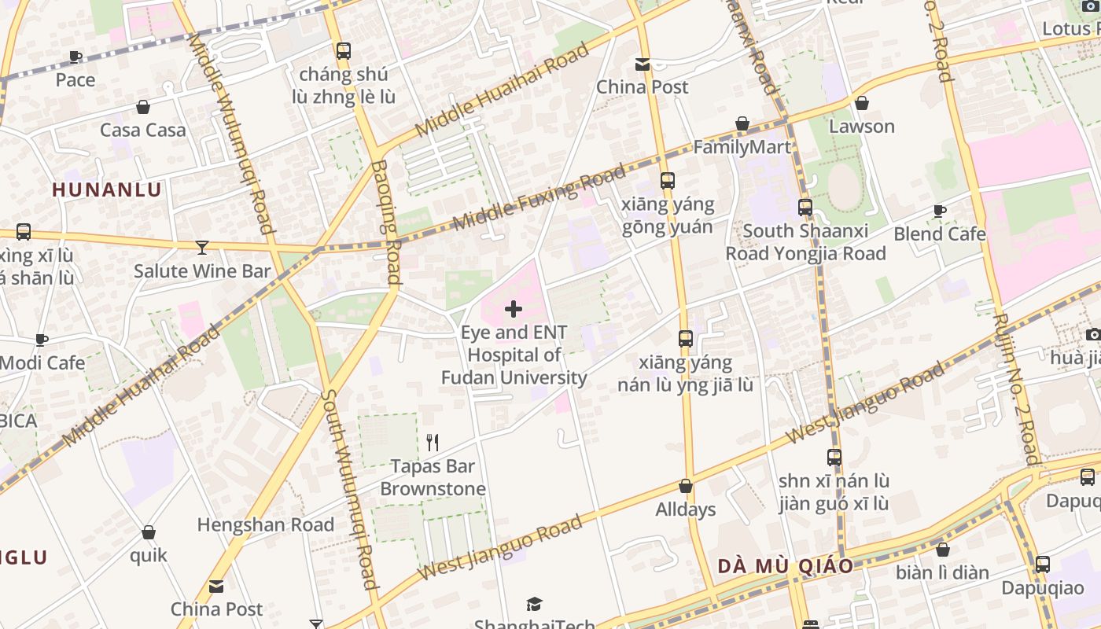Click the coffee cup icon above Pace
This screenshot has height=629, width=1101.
75,57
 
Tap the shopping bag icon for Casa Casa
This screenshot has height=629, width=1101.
143,107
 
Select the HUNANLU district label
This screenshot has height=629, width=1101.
107,189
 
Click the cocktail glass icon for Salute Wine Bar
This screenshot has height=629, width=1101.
202,248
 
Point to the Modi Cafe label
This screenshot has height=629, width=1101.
42,363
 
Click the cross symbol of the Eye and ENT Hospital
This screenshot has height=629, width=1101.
514,309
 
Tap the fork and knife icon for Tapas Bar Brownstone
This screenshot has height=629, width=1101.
432,443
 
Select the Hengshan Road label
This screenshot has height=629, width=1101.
265,524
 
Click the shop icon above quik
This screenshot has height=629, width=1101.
149,533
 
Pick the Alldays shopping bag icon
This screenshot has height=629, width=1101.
686,487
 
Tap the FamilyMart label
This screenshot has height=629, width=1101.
742,147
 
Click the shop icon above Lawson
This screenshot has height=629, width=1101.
862,103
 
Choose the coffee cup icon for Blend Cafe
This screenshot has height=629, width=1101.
939,211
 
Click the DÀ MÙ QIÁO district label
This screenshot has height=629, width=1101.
785,566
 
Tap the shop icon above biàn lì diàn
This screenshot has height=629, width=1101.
942,550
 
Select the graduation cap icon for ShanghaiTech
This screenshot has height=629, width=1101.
535,604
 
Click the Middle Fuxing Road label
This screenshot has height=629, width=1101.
539,197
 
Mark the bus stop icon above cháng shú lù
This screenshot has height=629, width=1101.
344,51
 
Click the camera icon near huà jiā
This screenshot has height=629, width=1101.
1093,335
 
